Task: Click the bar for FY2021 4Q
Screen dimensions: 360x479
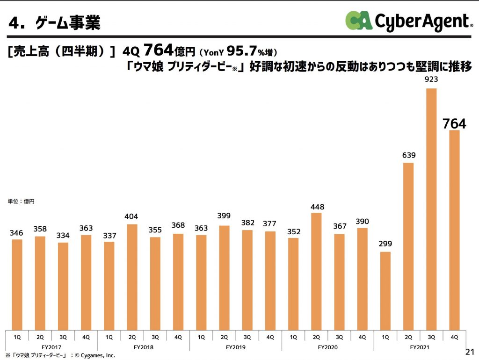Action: [454, 230]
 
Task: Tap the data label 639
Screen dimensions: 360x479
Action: [408, 155]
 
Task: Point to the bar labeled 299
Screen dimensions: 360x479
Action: [385, 290]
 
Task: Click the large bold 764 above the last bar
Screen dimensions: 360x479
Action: [454, 124]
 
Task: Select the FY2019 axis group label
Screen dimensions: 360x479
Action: [235, 347]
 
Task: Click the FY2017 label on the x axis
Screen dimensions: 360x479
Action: [51, 347]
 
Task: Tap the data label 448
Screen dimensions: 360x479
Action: [317, 207]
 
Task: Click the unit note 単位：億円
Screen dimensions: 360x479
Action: [21, 202]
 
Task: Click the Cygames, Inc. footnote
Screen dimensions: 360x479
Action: [60, 355]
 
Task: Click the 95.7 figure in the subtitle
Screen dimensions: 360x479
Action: [244, 50]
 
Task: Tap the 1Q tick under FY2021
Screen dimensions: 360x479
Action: [385, 337]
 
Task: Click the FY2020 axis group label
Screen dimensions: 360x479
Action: [327, 347]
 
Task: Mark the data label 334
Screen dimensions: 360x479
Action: [63, 236]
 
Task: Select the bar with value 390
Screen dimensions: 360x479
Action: [363, 278]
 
